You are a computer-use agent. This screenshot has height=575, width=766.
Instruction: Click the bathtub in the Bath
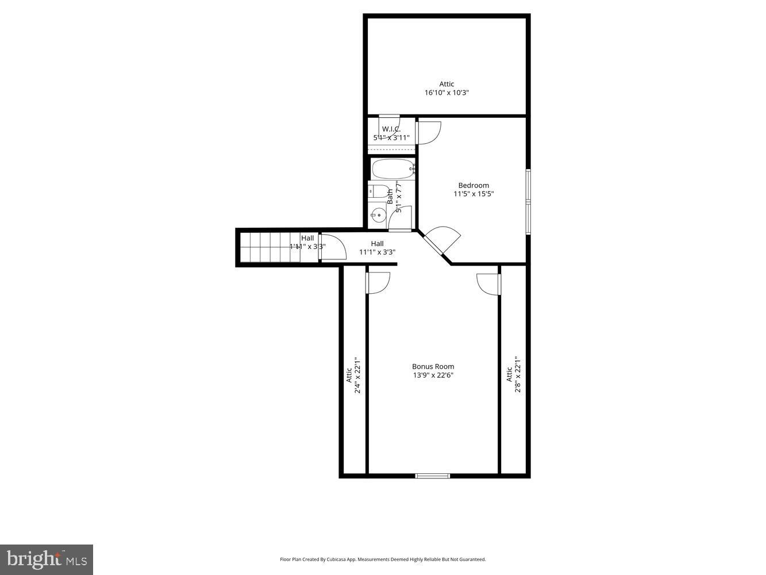coord(393,170)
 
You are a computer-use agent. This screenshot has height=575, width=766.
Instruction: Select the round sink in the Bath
coord(378,216)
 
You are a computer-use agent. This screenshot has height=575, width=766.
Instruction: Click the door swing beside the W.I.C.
coord(429,132)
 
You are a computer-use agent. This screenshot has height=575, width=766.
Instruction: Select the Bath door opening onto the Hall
coord(401,218)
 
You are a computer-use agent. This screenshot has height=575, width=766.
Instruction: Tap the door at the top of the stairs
coord(333,247)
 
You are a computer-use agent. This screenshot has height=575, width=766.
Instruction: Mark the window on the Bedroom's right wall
coord(528,201)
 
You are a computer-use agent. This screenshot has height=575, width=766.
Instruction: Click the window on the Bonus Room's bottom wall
coord(433,476)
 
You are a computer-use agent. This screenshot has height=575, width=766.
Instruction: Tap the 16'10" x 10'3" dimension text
coord(446,93)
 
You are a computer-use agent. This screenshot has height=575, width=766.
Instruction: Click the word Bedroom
coord(474,185)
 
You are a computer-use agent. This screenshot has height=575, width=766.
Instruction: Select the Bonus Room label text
coord(433,366)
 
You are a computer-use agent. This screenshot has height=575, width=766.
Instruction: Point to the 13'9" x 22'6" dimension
coord(433,375)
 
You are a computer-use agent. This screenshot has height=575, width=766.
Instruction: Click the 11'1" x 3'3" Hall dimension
coord(377,252)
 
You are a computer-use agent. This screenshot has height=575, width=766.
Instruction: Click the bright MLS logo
coord(47,559)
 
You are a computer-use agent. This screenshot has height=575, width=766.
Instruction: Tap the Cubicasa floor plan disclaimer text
coord(383,559)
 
